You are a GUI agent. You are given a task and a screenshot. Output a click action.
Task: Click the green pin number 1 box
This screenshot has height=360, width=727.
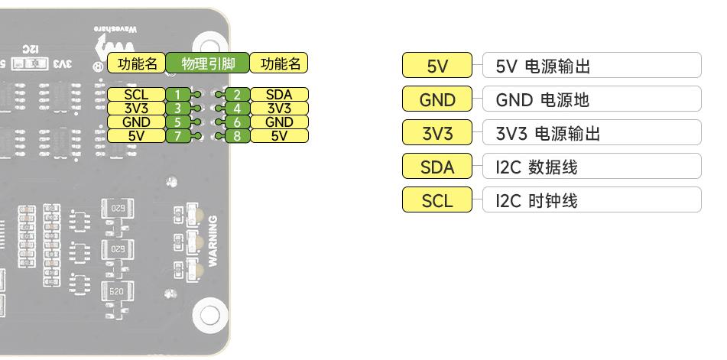click(177, 95)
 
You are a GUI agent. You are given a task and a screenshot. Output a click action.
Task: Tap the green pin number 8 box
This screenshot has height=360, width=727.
click(238, 136)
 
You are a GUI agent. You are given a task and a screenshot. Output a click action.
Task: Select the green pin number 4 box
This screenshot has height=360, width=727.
click(238, 109)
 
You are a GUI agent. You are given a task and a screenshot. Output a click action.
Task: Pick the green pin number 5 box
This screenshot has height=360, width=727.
click(177, 122)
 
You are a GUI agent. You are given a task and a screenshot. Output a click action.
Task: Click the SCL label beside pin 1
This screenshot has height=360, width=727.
click(136, 95)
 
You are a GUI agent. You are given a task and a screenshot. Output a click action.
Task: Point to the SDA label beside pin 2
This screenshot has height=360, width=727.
click(279, 95)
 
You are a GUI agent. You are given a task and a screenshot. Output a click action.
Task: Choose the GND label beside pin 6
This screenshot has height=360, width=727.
click(279, 122)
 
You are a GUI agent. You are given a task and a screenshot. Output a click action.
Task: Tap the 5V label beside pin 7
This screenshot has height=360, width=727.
click(136, 136)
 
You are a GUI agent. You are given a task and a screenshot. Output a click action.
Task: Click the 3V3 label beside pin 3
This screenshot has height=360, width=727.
click(136, 109)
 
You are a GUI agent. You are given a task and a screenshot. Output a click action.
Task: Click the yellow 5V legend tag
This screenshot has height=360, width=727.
click(437, 66)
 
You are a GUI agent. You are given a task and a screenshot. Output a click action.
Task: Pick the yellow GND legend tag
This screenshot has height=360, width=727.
click(437, 100)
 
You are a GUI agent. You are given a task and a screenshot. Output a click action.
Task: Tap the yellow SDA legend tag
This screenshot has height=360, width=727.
click(437, 167)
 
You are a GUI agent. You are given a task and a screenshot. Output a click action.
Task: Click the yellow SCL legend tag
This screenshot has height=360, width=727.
click(437, 201)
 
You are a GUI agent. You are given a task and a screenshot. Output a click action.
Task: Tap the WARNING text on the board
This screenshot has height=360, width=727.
click(213, 241)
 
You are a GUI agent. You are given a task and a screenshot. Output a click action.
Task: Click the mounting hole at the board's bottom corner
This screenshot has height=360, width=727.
click(207, 314)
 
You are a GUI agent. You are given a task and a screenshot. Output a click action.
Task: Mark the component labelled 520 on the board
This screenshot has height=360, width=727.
click(117, 292)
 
